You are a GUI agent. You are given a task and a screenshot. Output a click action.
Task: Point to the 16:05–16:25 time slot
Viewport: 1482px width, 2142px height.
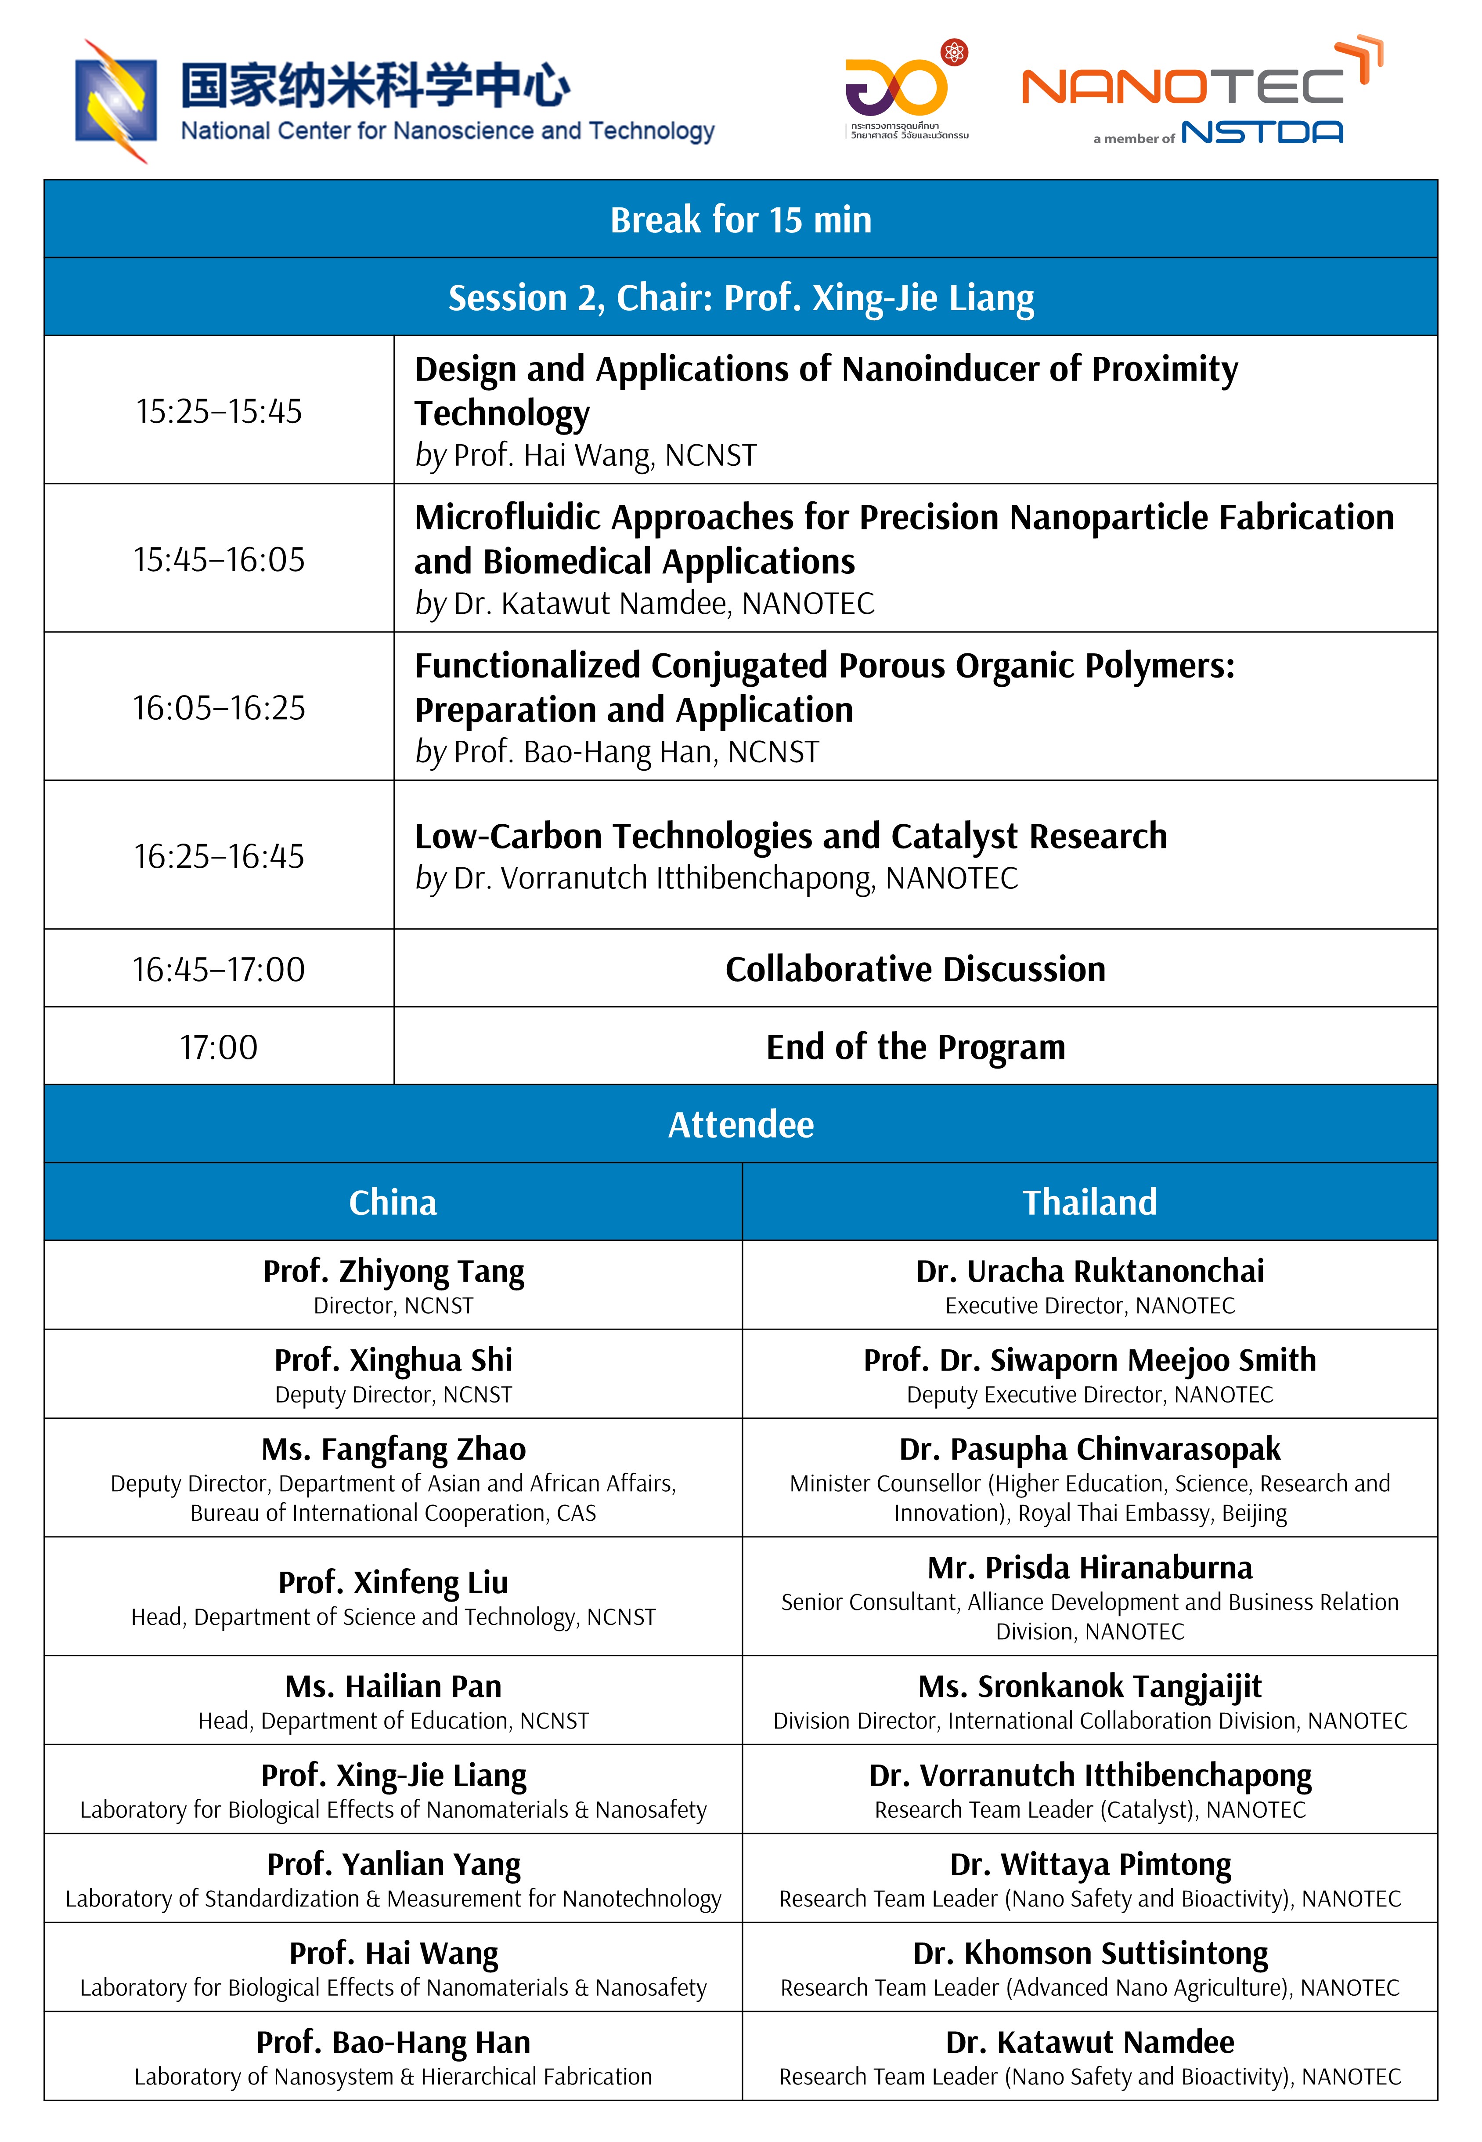219,708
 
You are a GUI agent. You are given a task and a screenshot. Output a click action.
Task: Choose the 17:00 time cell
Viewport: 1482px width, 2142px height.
219,1047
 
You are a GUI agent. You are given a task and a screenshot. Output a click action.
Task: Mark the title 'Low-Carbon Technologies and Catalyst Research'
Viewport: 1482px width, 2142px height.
790,836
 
